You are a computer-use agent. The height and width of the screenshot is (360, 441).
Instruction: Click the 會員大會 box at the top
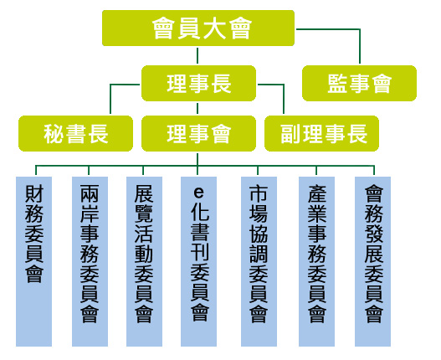(x=198, y=28)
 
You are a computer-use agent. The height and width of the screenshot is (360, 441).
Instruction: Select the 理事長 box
(x=198, y=84)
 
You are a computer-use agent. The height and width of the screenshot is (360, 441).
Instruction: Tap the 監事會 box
(x=359, y=84)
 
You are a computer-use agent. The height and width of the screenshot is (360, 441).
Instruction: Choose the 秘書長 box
(x=75, y=133)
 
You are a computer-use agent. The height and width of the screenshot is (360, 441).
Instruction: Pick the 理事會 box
(x=198, y=133)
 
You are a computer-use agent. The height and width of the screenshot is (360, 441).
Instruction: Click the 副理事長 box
(x=321, y=133)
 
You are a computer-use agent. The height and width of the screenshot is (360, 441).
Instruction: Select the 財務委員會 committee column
(x=33, y=261)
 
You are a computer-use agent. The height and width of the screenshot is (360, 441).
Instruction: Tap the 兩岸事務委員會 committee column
(x=90, y=261)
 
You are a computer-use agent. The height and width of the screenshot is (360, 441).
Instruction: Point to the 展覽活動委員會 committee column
(x=144, y=261)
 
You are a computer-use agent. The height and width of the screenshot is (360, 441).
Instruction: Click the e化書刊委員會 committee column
(x=198, y=261)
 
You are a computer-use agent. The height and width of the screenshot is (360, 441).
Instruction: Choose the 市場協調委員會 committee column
(x=259, y=261)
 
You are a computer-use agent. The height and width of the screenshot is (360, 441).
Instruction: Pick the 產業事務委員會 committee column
(x=316, y=261)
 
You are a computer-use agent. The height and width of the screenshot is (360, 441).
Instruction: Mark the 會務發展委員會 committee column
(x=372, y=261)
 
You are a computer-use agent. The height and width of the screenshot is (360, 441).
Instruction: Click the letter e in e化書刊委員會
(x=199, y=193)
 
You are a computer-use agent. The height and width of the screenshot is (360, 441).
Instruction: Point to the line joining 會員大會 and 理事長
(x=197, y=56)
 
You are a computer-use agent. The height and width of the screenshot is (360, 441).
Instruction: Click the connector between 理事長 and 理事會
(x=197, y=108)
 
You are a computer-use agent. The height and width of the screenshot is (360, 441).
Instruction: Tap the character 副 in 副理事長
(x=291, y=134)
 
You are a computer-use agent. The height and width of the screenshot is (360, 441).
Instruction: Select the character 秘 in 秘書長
(x=54, y=134)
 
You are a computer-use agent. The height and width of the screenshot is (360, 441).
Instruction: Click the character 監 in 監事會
(x=337, y=84)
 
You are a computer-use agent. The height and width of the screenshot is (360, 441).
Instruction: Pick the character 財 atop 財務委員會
(x=34, y=193)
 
